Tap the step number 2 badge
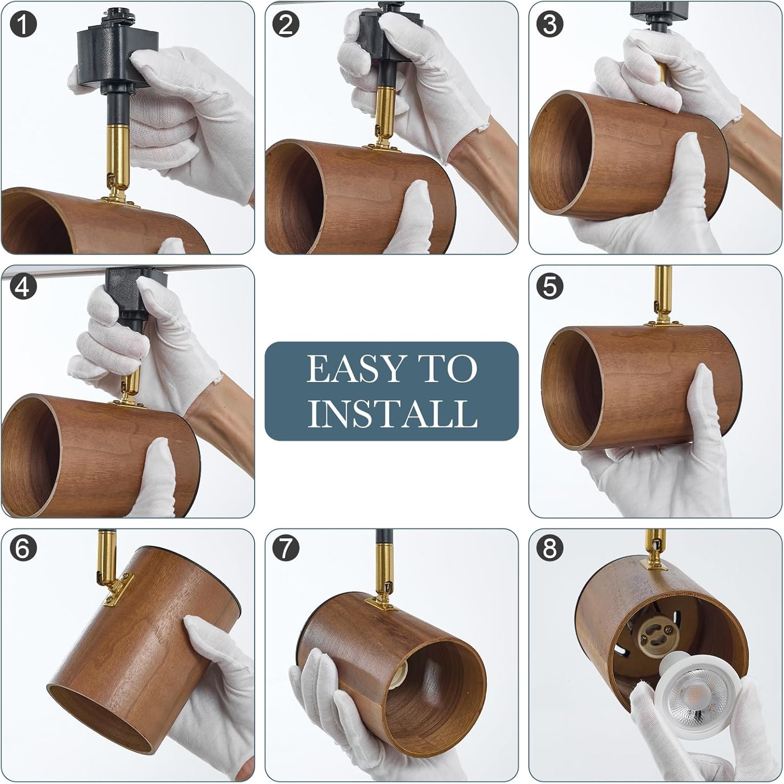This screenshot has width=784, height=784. click(x=286, y=25)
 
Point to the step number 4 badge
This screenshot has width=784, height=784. click(x=23, y=287)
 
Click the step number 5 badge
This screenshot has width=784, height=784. click(x=550, y=287)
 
